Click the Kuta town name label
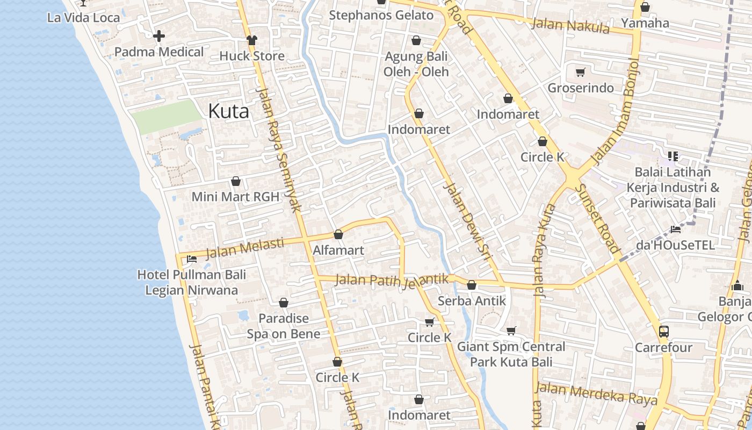click(x=228, y=111)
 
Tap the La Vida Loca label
click(x=83, y=17)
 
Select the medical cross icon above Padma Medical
click(x=159, y=37)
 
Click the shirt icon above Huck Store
click(x=252, y=40)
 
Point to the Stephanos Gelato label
click(x=381, y=15)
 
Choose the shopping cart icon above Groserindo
click(x=580, y=72)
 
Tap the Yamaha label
click(x=645, y=23)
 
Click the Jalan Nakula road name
click(x=570, y=25)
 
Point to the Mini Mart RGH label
click(x=235, y=197)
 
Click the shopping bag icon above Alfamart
click(x=338, y=235)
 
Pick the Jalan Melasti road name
click(x=244, y=248)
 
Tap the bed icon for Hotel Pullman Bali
click(x=191, y=259)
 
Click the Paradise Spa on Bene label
click(x=284, y=326)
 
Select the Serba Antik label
click(x=472, y=300)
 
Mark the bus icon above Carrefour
click(x=664, y=331)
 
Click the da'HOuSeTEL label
click(x=675, y=245)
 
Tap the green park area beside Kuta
click(x=167, y=116)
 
